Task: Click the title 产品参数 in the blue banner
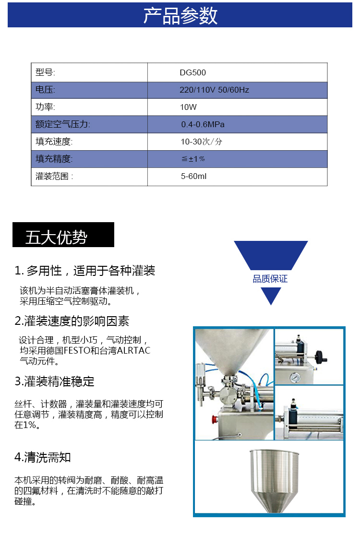click(x=180, y=16)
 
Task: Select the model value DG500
click(x=193, y=72)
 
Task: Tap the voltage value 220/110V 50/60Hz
click(x=214, y=90)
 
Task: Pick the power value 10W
click(x=188, y=107)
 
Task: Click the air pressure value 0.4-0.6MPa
click(x=203, y=124)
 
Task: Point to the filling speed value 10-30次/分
click(x=202, y=142)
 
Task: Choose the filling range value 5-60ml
click(x=193, y=176)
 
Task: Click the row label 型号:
click(x=46, y=72)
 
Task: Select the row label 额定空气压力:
click(x=63, y=124)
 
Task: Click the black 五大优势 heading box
click(x=63, y=235)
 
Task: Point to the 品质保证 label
click(x=270, y=279)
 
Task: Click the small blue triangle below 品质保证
click(x=271, y=296)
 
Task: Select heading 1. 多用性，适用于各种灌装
click(x=85, y=271)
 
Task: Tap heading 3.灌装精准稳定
click(x=54, y=381)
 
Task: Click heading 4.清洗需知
click(x=42, y=457)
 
